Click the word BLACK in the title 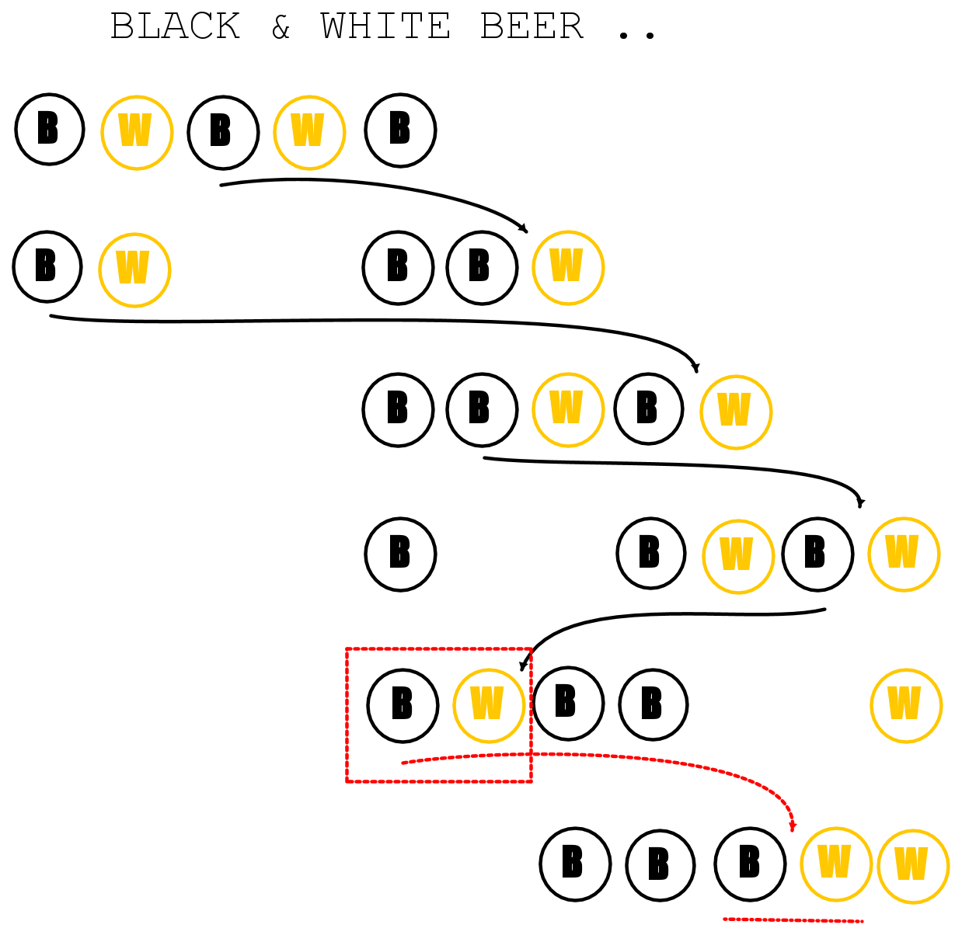click(x=176, y=26)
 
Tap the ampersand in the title click(x=281, y=26)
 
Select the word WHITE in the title click(x=385, y=26)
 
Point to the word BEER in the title click(x=532, y=26)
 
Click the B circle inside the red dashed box click(x=403, y=706)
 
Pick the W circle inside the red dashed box click(x=489, y=706)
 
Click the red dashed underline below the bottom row click(x=793, y=919)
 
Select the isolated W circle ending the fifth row click(x=906, y=706)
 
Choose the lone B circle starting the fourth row click(x=400, y=554)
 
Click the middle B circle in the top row click(x=224, y=132)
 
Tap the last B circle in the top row click(x=400, y=130)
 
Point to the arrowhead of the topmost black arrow click(x=524, y=228)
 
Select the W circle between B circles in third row click(x=568, y=410)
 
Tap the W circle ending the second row click(x=568, y=268)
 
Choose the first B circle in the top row click(x=50, y=130)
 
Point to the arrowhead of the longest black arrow click(x=696, y=368)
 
